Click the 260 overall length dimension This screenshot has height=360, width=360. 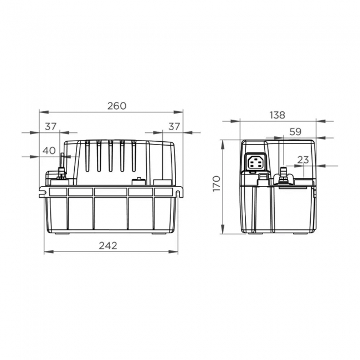click(x=117, y=106)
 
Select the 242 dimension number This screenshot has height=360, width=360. click(x=110, y=245)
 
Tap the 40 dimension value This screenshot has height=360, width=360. click(x=49, y=150)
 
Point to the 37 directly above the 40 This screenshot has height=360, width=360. click(x=51, y=127)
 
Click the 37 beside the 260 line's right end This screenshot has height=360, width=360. click(x=174, y=127)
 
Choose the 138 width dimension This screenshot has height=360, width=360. click(x=277, y=115)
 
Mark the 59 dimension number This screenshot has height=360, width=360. click(x=295, y=132)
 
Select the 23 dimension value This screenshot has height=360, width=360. click(x=302, y=160)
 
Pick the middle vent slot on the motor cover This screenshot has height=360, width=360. click(x=110, y=156)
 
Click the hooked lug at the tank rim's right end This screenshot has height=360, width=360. click(x=180, y=192)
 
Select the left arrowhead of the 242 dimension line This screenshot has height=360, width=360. click(x=46, y=252)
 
